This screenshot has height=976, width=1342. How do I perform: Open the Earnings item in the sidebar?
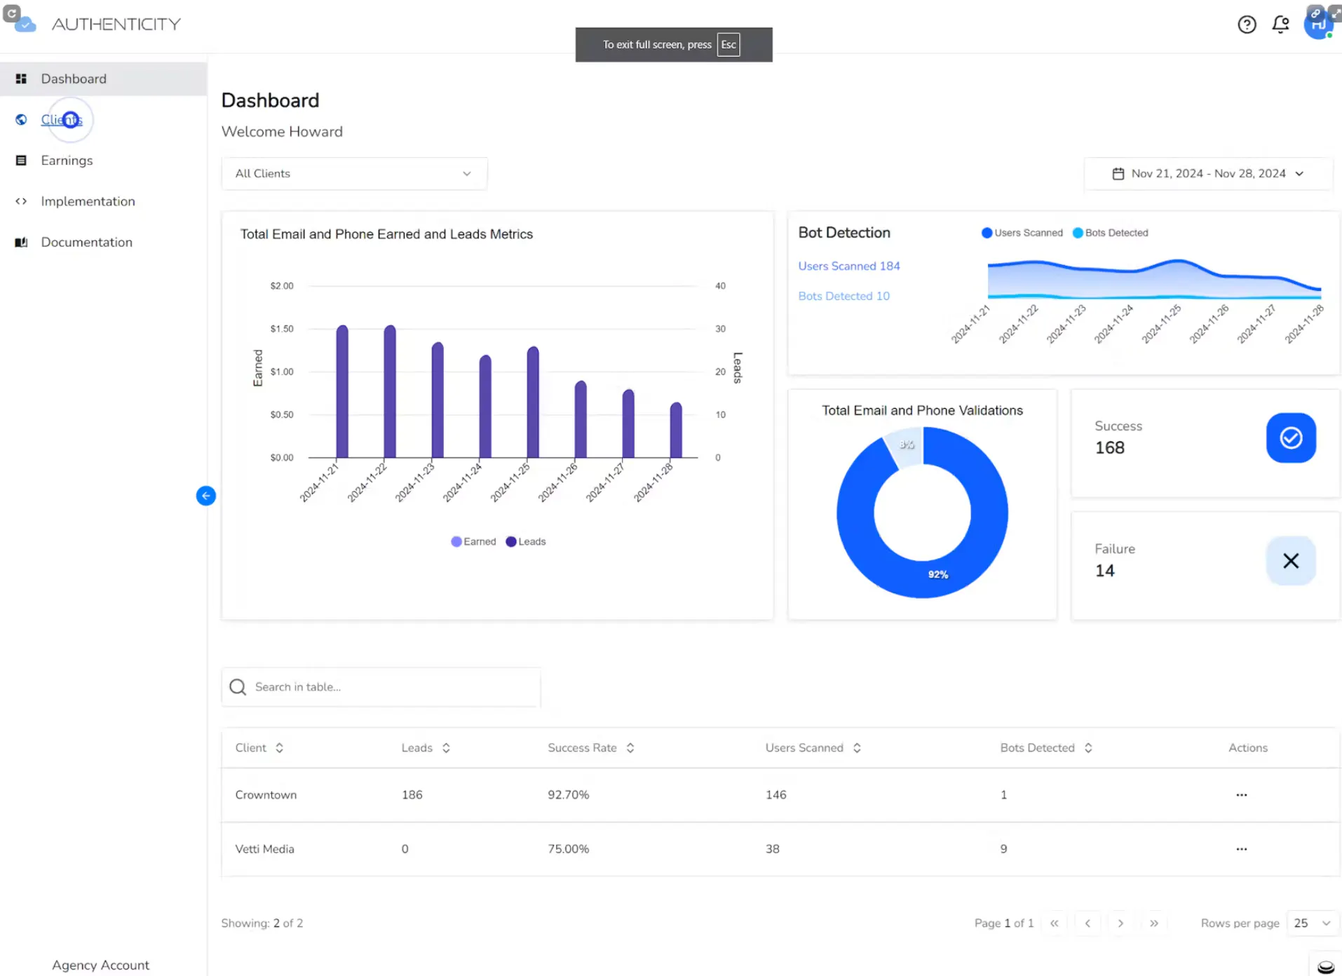coord(67,161)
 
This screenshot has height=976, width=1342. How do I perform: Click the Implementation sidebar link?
coord(88,201)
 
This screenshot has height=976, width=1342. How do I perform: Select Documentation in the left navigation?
coord(86,242)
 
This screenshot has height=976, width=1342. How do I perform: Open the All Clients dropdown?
coord(354,173)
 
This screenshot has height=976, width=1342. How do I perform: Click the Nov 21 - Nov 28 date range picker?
coord(1208,173)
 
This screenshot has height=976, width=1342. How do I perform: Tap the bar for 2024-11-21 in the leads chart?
coord(342,391)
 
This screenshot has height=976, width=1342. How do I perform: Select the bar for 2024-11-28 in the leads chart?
coord(676,430)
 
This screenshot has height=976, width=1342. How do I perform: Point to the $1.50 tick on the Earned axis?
coord(282,329)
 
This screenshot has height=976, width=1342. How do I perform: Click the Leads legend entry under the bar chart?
coord(526,541)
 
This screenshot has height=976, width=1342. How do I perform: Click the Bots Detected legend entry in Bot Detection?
coord(1111,233)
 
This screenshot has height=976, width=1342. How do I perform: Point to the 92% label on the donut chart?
coord(938,574)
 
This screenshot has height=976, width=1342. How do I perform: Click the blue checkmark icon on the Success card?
coord(1291,438)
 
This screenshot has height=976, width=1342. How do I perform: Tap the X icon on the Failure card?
coord(1291,561)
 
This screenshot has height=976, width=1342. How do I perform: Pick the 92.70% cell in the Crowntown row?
coord(569,795)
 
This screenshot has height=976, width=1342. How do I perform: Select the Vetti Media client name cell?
coord(264,849)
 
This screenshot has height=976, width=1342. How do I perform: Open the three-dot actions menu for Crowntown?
coord(1242,795)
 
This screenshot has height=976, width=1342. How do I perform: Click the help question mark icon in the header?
coord(1247,25)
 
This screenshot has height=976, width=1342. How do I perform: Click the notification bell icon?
coord(1281,25)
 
